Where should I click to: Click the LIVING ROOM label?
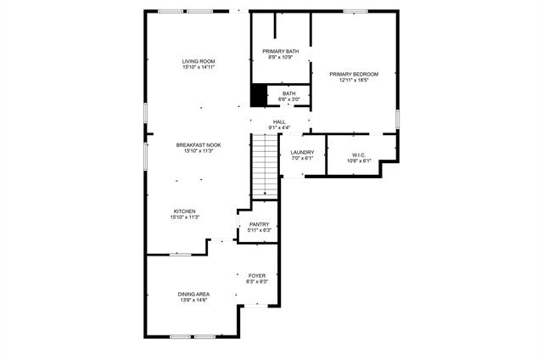point(199,61)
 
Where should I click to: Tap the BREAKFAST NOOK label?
point(199,145)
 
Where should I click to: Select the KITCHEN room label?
point(185,211)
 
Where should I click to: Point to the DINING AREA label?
point(193,294)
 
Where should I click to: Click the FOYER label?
point(257,276)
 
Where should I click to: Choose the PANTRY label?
point(259,224)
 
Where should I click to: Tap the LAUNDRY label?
point(302,152)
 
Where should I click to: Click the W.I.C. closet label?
point(358,155)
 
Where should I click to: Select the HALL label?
point(279,122)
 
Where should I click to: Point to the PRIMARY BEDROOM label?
point(354,74)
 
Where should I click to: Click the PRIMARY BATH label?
point(280,51)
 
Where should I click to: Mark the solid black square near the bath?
point(259,96)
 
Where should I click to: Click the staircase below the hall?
point(266,166)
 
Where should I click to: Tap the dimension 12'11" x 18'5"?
point(354,81)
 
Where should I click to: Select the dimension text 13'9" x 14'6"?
point(193,301)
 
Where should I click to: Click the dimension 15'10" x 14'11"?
point(199,68)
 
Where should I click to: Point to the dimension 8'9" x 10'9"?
point(280,58)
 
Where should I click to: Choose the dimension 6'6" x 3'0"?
point(289,99)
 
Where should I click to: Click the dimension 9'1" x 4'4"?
point(279,128)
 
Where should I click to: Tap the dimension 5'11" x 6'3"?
point(259,230)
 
